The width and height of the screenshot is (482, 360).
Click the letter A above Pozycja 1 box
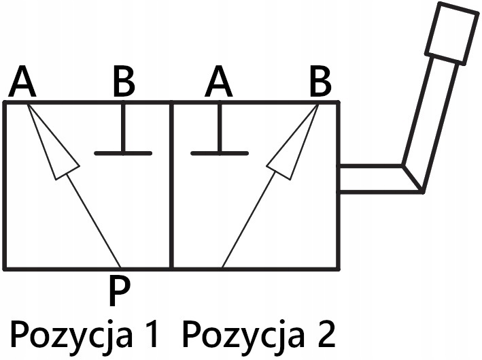22,84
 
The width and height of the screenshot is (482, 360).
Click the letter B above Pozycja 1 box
123,84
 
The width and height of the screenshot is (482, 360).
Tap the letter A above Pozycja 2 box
219,84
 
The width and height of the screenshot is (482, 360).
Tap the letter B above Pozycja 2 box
320,84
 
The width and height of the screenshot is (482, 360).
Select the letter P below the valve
118,291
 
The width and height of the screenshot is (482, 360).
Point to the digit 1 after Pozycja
152,334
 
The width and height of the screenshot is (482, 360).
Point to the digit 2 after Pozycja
325,334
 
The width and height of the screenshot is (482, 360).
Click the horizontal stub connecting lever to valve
371,178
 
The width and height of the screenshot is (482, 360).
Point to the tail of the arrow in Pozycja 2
223,266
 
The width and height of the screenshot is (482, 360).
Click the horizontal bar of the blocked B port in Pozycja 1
123,153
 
